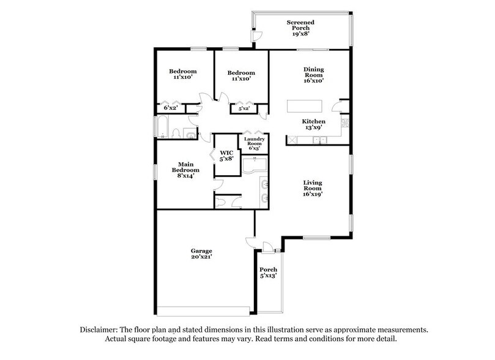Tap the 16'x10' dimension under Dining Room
tap(313, 80)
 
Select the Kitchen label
tap(313, 122)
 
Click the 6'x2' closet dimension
tap(171, 108)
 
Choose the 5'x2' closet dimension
tap(243, 108)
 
